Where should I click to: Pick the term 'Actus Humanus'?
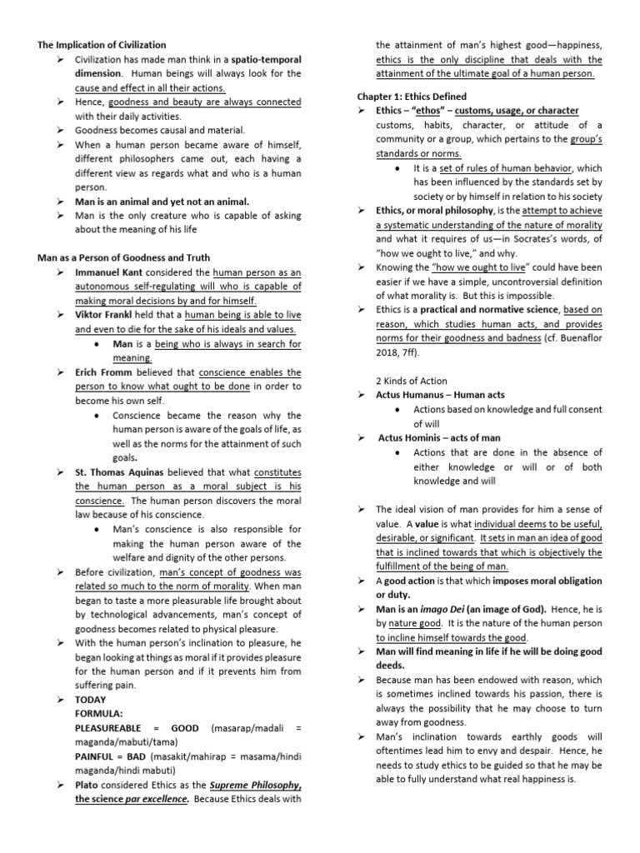point(404,395)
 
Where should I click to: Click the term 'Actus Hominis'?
point(406,437)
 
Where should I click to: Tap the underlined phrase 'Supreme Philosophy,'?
point(257,785)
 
